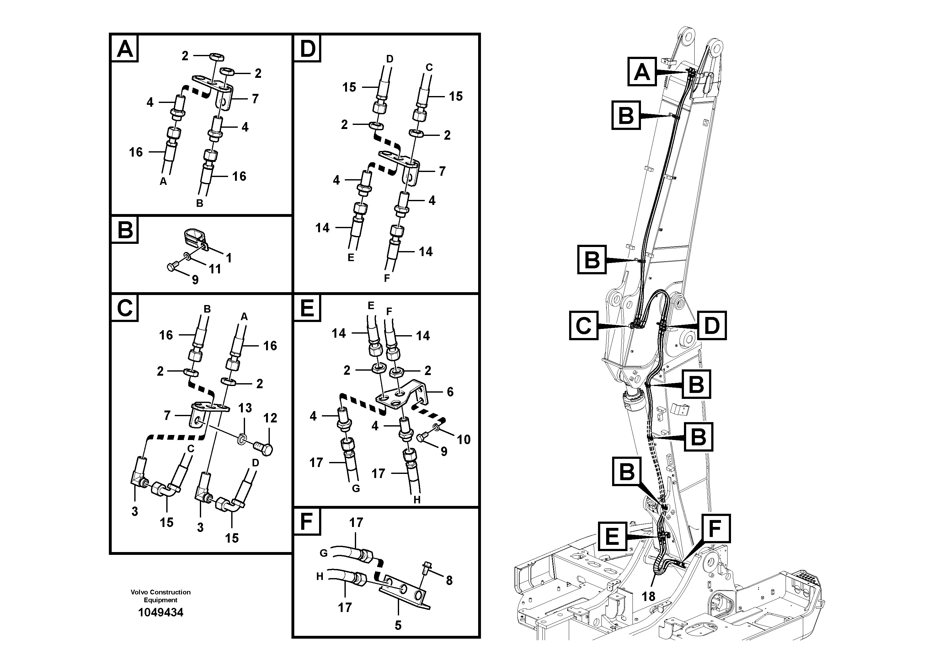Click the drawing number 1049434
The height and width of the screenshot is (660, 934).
[161, 612]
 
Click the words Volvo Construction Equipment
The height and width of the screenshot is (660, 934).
[160, 596]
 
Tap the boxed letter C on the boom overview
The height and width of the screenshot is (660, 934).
[583, 325]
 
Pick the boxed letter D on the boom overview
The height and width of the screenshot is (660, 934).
[712, 325]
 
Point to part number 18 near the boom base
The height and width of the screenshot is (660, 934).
[648, 597]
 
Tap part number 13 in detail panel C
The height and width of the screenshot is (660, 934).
[245, 407]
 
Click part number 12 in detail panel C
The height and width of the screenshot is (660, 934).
[270, 418]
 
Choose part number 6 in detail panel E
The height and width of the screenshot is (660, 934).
[450, 392]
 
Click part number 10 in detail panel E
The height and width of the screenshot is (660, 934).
[463, 439]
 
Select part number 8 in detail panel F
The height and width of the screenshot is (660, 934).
[449, 581]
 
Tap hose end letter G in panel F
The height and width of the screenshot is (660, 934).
[323, 553]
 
